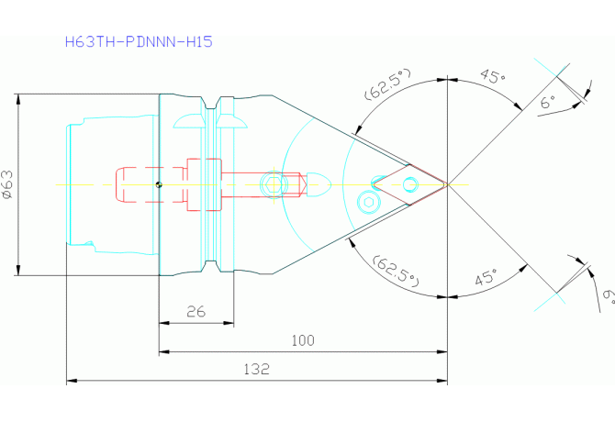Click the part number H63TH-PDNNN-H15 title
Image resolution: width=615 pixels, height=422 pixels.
tap(139, 41)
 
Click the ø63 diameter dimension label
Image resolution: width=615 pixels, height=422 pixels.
tap(7, 184)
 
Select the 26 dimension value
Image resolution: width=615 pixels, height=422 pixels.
tap(196, 312)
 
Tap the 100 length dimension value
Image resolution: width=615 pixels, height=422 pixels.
tap(303, 340)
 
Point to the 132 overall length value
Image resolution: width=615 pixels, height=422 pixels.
tap(256, 369)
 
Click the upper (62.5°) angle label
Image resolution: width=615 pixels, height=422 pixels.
tap(388, 84)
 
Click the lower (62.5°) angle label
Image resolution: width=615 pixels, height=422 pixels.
tap(397, 272)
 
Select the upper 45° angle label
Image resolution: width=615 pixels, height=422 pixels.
tap(493, 76)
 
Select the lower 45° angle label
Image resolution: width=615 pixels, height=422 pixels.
tap(486, 277)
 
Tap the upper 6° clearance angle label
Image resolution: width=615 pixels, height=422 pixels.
tap(548, 102)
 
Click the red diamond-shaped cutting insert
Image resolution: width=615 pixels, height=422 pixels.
tap(410, 184)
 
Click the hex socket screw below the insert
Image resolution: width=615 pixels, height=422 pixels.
tap(368, 202)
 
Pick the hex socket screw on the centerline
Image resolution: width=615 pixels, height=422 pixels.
tap(274, 184)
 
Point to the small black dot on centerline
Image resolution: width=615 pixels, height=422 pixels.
tap(159, 184)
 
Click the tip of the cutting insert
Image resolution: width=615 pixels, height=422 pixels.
tap(447, 184)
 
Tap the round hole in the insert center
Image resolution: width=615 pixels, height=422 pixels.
tap(410, 184)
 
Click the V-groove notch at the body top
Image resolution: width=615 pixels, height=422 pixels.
tap(212, 103)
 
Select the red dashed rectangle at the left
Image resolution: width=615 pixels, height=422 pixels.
tap(151, 184)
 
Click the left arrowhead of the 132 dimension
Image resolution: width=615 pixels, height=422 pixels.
tap(71, 380)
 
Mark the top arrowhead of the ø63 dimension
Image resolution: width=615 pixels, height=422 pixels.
tap(18, 99)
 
